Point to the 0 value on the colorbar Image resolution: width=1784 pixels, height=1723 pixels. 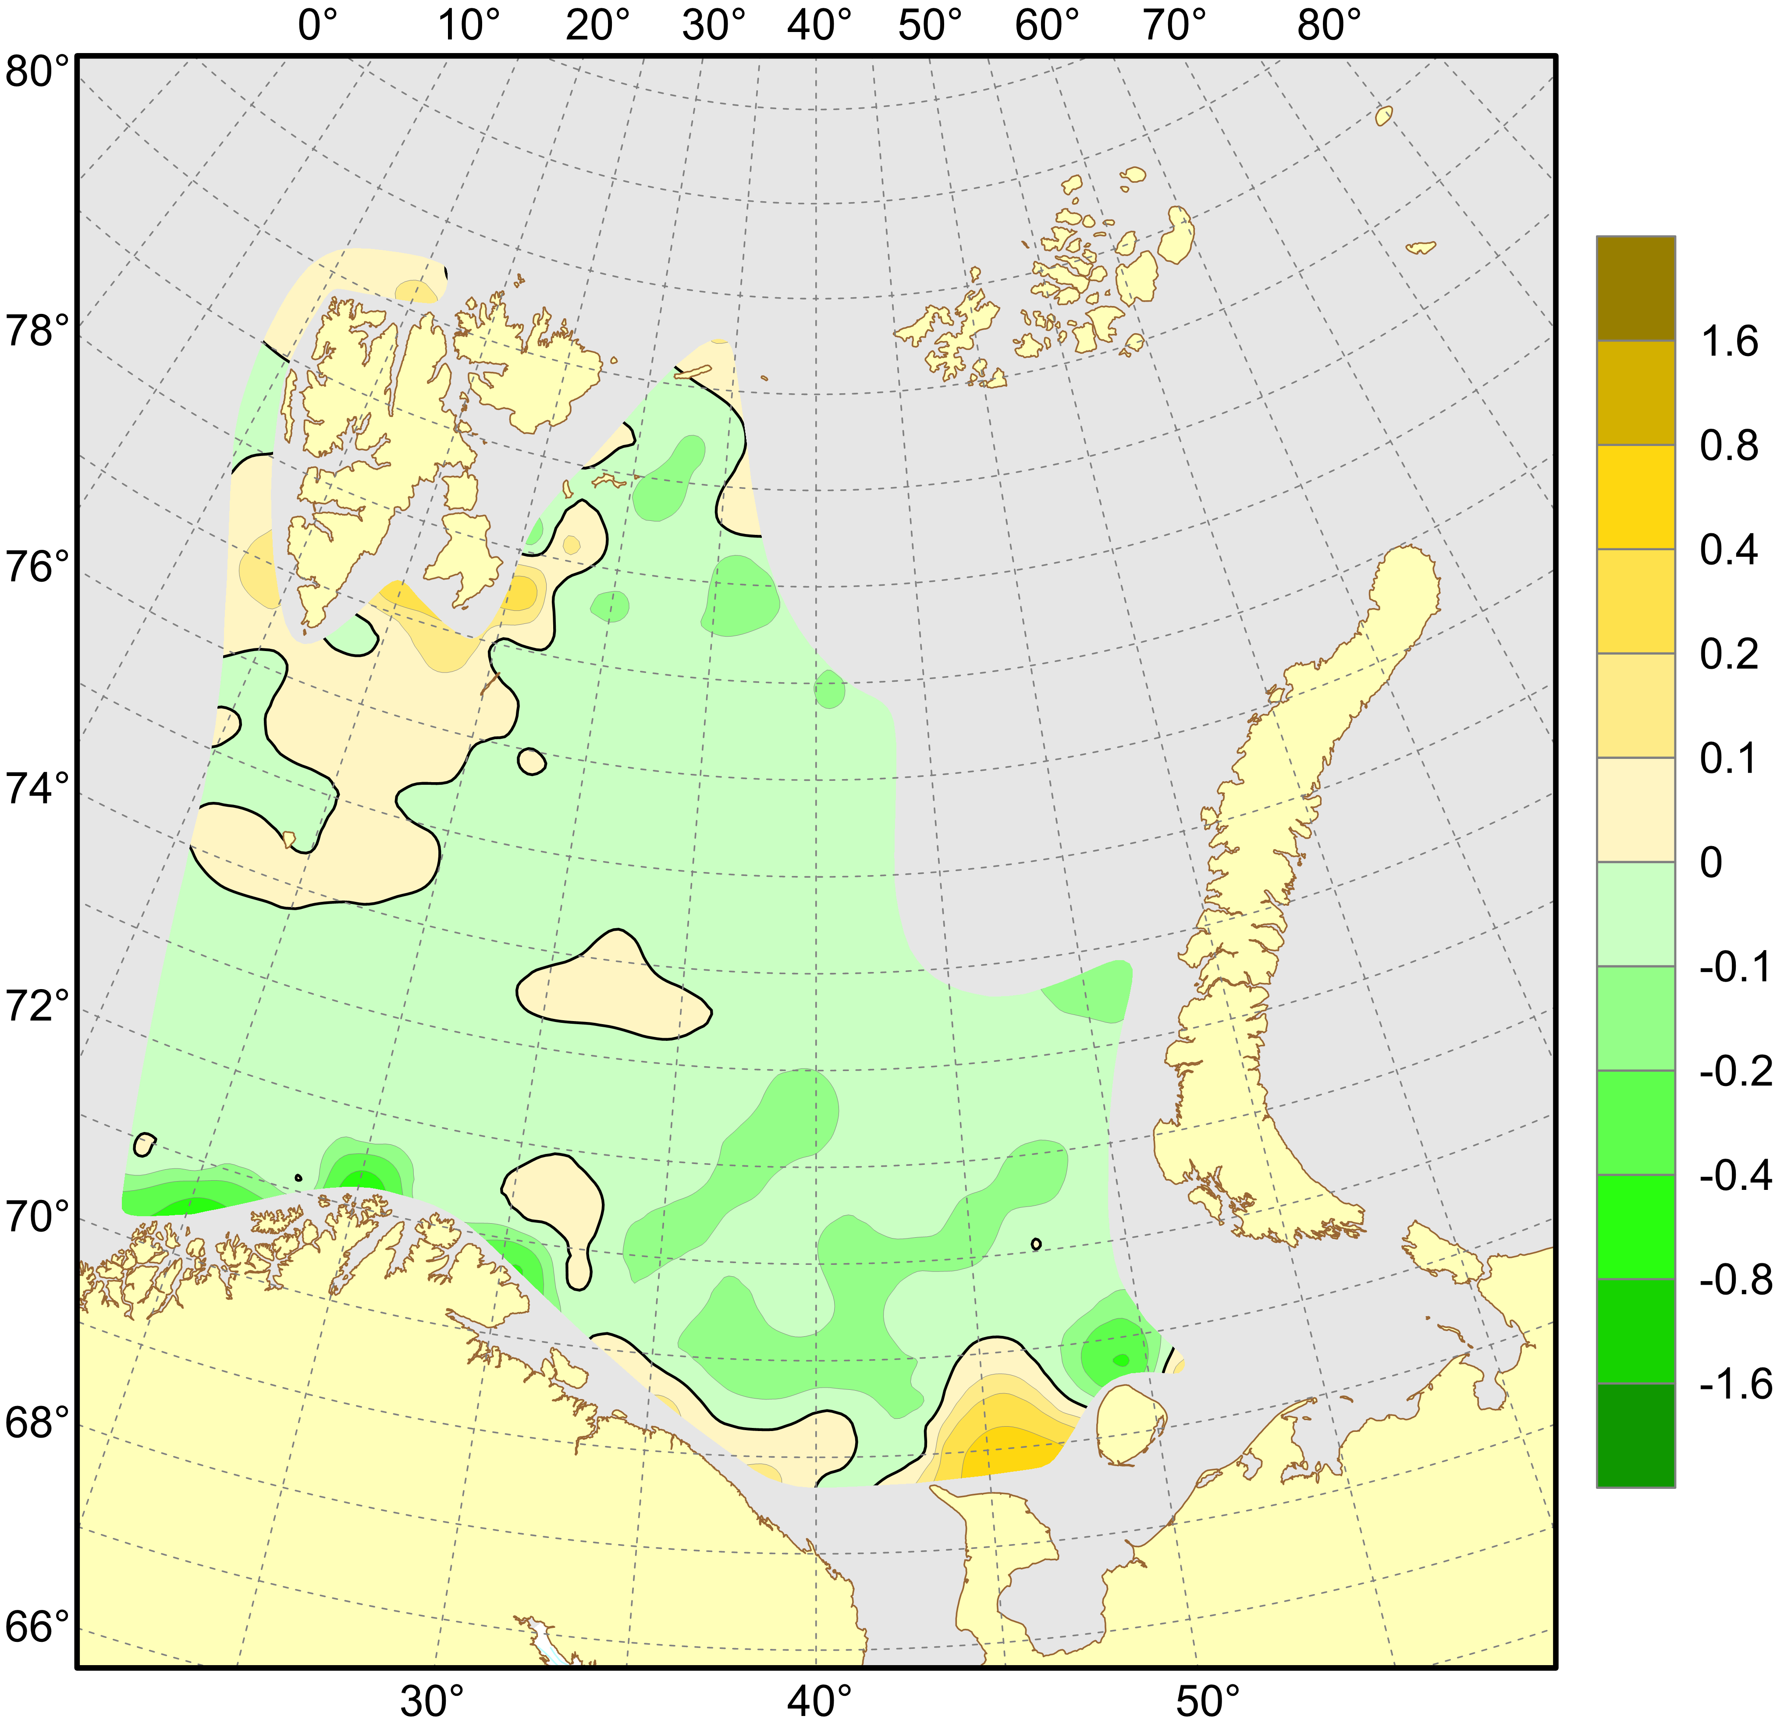click(x=1711, y=863)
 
